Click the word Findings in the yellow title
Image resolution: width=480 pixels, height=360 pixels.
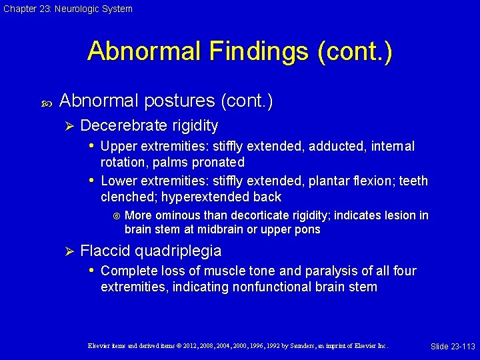[x=238, y=51]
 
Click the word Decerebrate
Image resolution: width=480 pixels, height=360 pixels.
[x=119, y=125]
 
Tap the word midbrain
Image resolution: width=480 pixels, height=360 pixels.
[x=221, y=230]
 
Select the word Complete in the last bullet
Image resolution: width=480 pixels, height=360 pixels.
[x=126, y=271]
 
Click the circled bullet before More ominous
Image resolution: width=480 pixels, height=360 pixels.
[x=117, y=216]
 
